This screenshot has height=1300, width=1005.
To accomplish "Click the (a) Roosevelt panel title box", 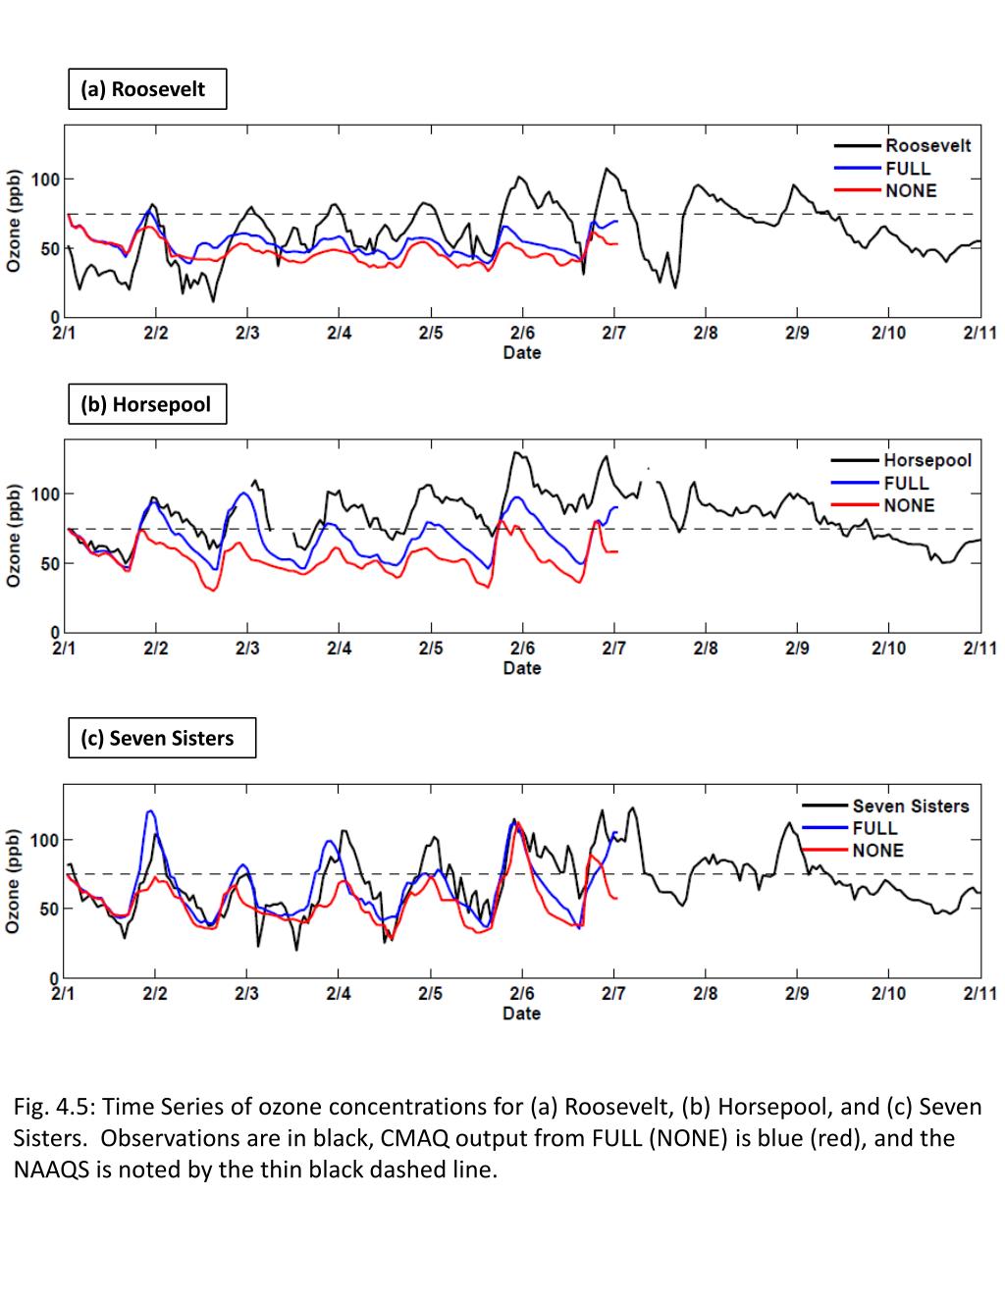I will (147, 89).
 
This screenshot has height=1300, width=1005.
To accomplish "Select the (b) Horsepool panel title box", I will (147, 404).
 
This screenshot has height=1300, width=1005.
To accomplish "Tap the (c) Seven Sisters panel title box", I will (162, 738).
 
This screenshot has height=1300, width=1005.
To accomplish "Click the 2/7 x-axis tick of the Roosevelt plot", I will (613, 333).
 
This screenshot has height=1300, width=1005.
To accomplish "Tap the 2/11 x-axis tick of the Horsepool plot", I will (979, 648).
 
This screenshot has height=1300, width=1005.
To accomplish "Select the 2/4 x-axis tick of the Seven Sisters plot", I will (339, 993).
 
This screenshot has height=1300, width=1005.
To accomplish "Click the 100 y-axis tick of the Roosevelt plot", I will (45, 180).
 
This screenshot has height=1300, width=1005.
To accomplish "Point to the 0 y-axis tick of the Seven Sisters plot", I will (55, 978).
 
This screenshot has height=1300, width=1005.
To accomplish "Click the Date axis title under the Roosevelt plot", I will (521, 352).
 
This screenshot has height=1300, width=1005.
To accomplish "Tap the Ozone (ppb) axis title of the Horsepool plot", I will (15, 535).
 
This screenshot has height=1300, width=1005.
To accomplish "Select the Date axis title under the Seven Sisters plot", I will (521, 1013).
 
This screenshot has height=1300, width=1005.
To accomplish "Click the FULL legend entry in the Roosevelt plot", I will (907, 168).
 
